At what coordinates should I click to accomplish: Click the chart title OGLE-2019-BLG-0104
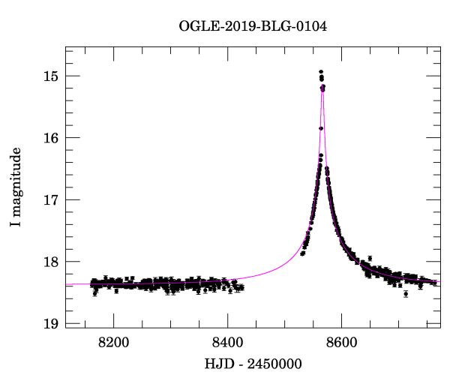253,27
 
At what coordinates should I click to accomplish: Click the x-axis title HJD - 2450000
253,364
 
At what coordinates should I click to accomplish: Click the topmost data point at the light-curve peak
321,71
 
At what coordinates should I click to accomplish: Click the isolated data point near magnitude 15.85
320,128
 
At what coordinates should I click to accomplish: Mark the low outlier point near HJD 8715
406,294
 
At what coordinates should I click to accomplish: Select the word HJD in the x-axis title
217,364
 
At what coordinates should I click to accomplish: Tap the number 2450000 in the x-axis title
273,364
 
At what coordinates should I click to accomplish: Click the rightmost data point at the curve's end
435,283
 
